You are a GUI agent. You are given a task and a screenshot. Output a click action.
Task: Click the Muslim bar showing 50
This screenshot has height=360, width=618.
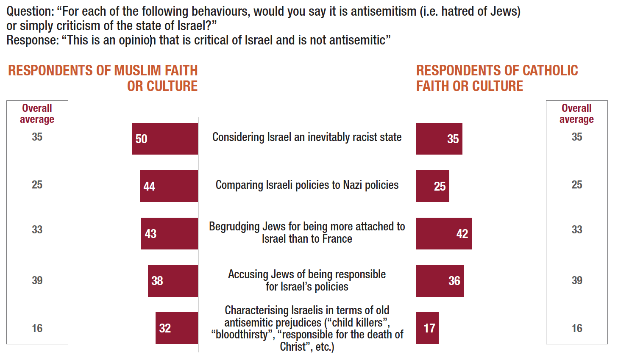tap(165, 139)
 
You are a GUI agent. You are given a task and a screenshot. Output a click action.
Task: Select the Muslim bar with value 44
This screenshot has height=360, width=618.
tap(169, 186)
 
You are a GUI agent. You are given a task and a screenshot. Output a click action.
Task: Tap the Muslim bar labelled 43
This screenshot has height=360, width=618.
tap(170, 233)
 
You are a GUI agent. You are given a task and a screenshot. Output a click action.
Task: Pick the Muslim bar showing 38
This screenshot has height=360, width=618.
tap(173, 281)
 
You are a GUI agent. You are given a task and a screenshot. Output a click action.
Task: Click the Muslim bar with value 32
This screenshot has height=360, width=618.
tap(177, 328)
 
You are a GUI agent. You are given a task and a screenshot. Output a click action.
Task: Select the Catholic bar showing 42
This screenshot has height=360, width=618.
tap(444, 233)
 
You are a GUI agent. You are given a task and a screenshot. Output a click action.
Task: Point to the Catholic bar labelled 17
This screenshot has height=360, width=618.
tap(427, 328)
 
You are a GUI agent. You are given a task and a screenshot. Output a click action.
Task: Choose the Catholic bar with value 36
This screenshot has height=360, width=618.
tap(440, 281)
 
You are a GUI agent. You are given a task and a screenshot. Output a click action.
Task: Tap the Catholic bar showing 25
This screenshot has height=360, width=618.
tap(432, 186)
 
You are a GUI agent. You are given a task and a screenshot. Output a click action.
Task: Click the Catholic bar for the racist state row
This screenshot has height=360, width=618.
tap(439, 139)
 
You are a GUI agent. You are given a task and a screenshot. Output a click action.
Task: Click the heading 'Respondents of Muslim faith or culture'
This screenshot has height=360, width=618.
tap(103, 78)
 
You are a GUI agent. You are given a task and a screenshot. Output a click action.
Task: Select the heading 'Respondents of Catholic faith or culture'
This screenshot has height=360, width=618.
tap(497, 78)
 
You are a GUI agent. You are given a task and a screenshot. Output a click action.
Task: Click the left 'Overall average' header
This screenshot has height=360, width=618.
tap(37, 114)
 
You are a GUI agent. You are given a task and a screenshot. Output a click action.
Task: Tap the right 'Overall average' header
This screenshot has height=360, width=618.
tap(576, 114)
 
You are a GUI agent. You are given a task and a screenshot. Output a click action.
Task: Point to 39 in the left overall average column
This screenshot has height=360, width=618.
tap(37, 280)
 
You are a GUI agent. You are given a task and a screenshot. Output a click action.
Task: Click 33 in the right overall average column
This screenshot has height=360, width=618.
tap(577, 230)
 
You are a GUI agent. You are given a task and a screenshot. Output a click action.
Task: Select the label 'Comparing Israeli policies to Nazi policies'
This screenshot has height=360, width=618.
tap(307, 185)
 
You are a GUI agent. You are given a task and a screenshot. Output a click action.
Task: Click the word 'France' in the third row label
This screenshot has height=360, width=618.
tap(337, 239)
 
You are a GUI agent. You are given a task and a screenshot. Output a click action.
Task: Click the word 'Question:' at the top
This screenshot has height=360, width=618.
tap(30, 11)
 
